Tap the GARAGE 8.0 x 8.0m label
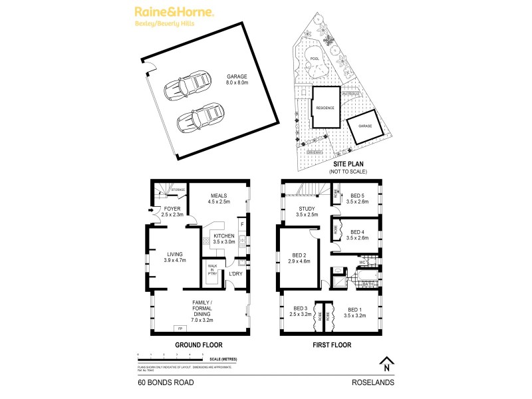pos(237,79)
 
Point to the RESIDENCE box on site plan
pos(325,107)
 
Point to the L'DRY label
pos(235,274)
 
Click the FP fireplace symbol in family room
pos(178,329)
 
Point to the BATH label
pos(368,285)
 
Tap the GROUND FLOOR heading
pos(198,345)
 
